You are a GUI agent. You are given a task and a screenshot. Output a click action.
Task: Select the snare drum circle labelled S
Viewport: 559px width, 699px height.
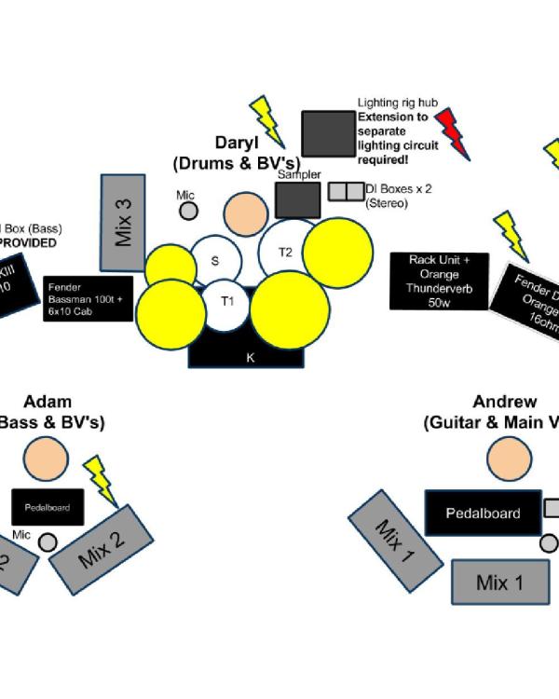215,261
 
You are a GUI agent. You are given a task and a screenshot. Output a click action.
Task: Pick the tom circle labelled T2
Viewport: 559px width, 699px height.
287,252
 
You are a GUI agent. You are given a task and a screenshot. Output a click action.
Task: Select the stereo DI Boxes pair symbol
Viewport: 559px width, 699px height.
346,192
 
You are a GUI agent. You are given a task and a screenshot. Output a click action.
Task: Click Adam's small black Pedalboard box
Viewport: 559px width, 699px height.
48,506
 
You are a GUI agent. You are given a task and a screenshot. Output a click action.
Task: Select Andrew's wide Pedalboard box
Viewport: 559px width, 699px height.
483,513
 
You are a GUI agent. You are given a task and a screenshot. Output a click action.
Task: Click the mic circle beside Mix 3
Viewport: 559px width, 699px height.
188,211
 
